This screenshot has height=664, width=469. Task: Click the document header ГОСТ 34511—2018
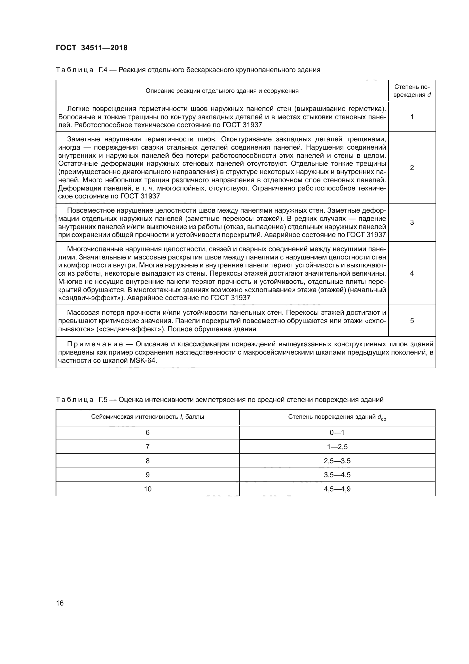(x=92, y=48)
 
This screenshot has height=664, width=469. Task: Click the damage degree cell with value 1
(x=412, y=117)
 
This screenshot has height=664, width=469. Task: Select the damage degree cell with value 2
(x=412, y=168)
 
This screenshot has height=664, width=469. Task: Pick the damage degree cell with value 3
(x=412, y=222)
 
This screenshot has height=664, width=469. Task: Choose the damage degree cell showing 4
(x=412, y=273)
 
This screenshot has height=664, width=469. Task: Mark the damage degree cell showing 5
(x=412, y=321)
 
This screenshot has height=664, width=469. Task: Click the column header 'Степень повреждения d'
(x=412, y=91)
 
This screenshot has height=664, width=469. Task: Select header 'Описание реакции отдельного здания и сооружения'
(x=222, y=91)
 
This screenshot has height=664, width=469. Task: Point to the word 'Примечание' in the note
(x=95, y=344)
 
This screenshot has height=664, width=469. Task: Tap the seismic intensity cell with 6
(x=147, y=433)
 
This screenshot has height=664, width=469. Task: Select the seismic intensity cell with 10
(x=147, y=489)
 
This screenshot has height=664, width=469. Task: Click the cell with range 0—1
(x=337, y=433)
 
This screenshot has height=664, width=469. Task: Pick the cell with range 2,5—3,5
(x=337, y=461)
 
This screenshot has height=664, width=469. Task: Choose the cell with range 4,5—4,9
(x=337, y=489)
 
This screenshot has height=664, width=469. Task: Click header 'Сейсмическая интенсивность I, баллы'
(x=147, y=417)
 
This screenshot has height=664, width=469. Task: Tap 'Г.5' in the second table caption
(x=103, y=400)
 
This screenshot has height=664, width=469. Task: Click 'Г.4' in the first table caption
(x=103, y=70)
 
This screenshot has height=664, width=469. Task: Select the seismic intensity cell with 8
(x=147, y=461)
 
